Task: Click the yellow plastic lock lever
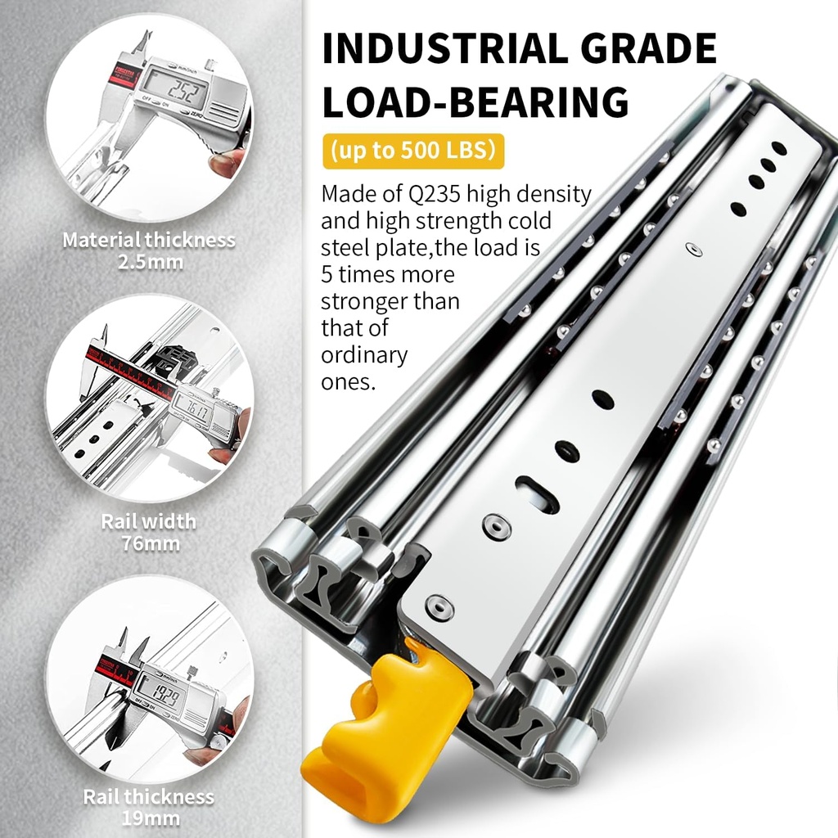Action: [x=385, y=720]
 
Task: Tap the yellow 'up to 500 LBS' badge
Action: [x=412, y=151]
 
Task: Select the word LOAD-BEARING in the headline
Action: [x=475, y=101]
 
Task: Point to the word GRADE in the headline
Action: [x=655, y=49]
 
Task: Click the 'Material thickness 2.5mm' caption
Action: [x=148, y=250]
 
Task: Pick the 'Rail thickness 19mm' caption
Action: [x=148, y=806]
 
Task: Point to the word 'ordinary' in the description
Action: [x=363, y=355]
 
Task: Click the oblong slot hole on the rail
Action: [x=537, y=494]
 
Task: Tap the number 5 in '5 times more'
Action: [x=327, y=274]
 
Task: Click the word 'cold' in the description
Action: [x=529, y=221]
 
